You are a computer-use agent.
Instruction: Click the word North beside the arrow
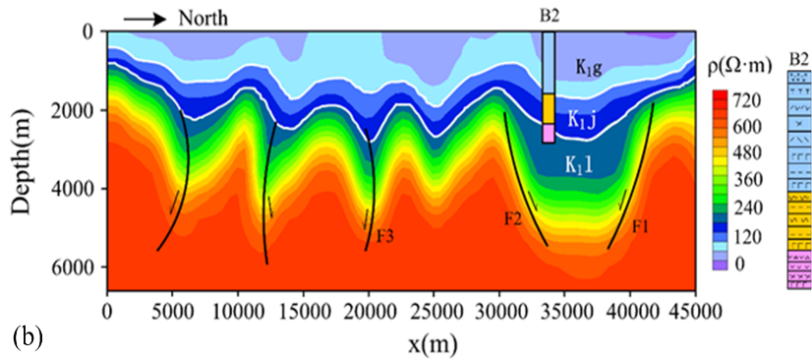click(203, 19)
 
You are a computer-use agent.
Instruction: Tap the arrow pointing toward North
click(145, 20)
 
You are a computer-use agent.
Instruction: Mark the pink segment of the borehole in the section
click(549, 133)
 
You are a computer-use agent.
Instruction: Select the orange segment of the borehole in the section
click(549, 109)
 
